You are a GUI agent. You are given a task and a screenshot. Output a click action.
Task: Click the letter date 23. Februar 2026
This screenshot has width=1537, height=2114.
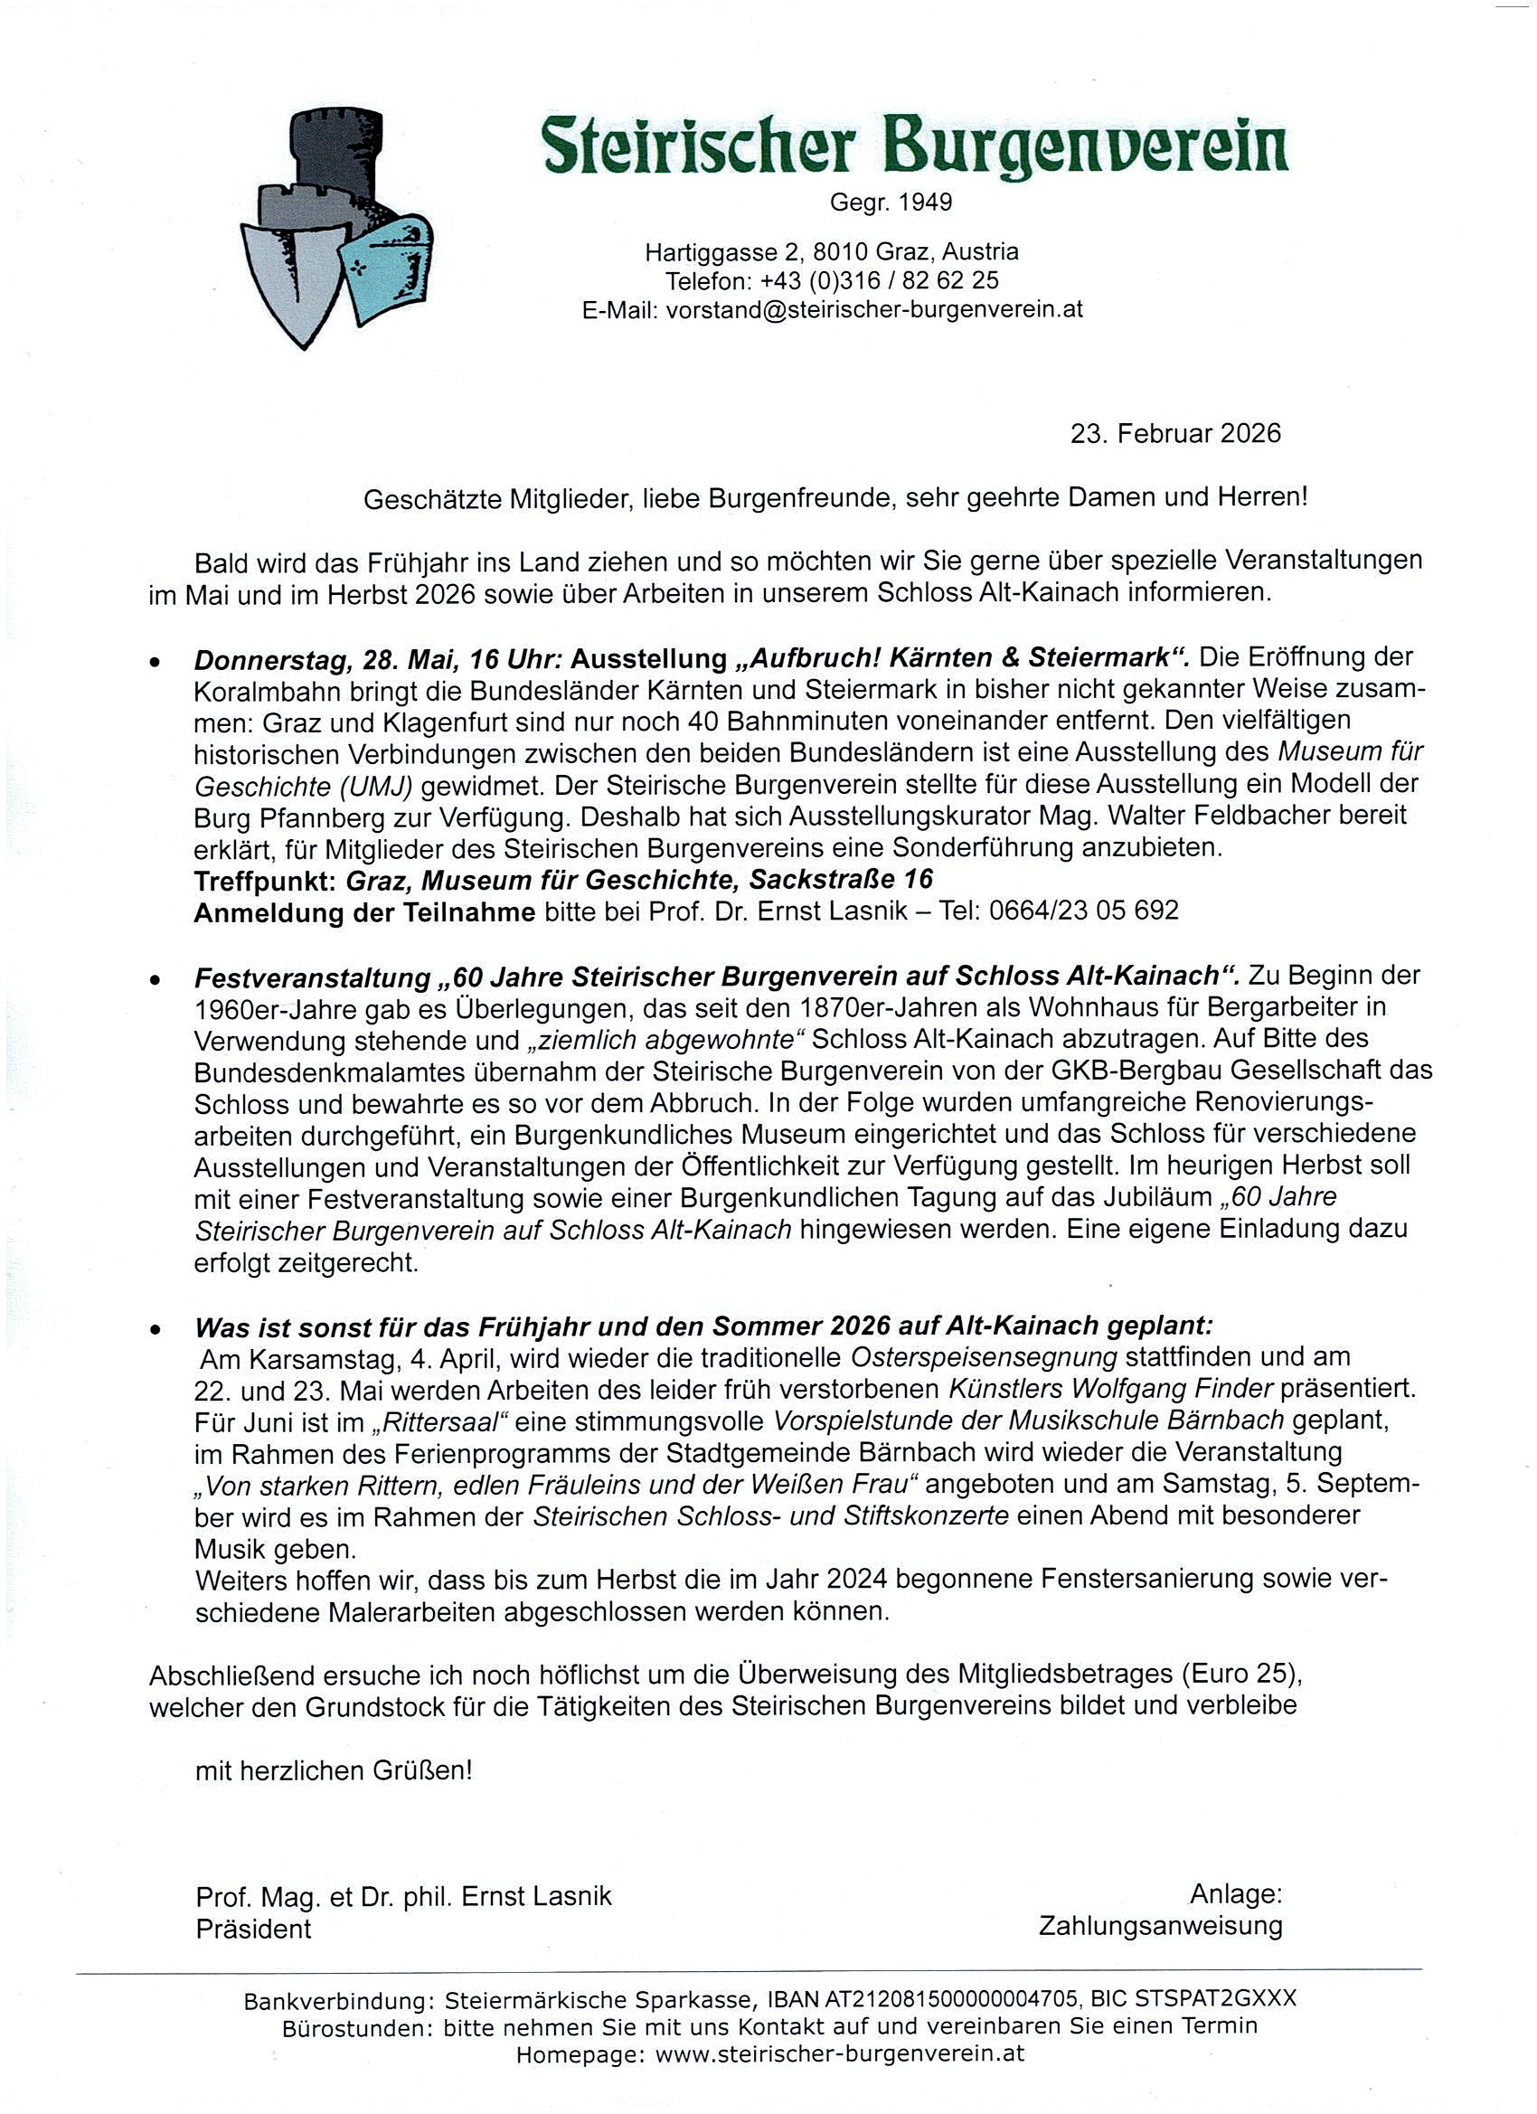click(1175, 433)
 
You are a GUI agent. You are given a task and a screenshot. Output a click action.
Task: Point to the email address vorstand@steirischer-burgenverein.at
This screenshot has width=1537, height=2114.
click(874, 310)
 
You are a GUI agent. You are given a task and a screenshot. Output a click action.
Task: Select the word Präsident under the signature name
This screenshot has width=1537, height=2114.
click(253, 1929)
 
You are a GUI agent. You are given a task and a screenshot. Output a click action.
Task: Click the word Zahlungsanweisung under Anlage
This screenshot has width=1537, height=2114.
click(1161, 1926)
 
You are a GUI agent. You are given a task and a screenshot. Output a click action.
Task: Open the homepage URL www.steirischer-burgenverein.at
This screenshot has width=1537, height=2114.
click(840, 2053)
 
